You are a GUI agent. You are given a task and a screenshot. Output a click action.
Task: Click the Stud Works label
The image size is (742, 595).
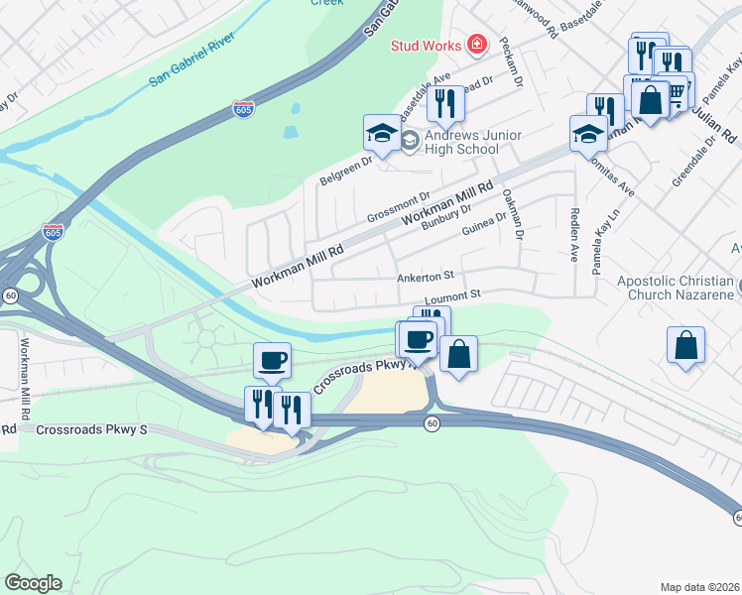point(426,46)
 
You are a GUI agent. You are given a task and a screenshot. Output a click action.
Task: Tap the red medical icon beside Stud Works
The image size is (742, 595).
point(477,45)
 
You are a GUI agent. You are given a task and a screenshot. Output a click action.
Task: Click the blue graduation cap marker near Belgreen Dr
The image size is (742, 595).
point(382,133)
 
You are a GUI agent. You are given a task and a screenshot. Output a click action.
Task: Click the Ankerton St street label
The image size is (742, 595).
point(425,277)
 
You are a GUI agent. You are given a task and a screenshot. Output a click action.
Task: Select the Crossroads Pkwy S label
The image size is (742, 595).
point(90,429)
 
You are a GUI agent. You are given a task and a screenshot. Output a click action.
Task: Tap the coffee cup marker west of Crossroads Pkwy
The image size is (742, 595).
point(272,360)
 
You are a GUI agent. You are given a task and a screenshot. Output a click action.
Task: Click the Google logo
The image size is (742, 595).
point(33,583)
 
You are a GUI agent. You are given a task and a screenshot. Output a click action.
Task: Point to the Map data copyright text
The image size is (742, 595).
point(700,587)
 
